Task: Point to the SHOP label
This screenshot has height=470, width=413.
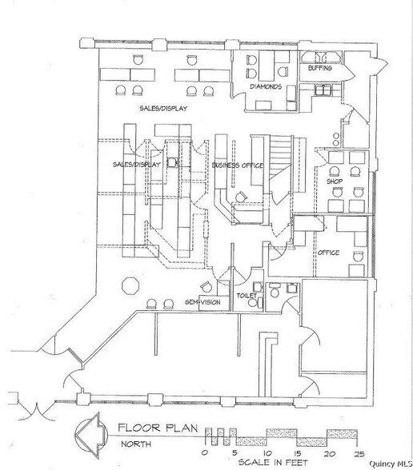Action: point(334,181)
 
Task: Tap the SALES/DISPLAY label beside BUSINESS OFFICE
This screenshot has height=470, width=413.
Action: point(137,165)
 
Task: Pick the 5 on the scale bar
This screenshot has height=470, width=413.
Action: point(230,452)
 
